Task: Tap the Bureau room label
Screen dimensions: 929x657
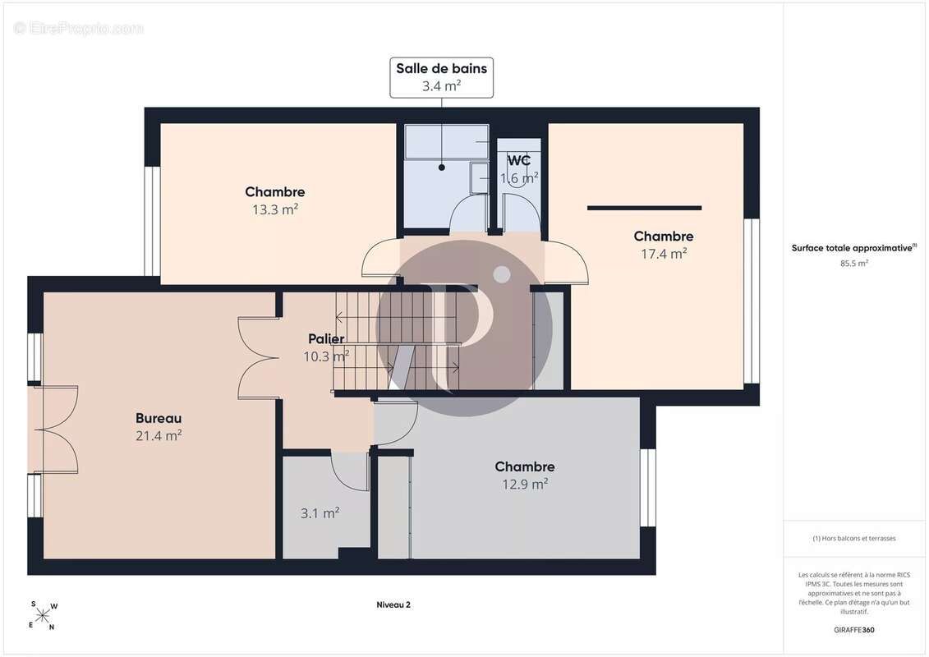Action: tap(159, 418)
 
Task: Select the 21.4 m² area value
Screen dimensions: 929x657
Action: tap(159, 436)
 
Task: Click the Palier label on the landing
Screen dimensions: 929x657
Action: tap(326, 339)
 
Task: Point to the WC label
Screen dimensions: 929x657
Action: tap(518, 160)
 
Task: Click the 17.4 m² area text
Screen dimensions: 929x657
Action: tap(664, 254)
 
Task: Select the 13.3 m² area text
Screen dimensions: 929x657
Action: tap(275, 209)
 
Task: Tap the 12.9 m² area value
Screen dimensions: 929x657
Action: tap(525, 484)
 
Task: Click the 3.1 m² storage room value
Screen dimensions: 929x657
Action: tap(320, 513)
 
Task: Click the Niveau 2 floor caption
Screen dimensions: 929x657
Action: tap(393, 605)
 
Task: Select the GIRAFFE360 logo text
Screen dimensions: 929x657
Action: tap(853, 630)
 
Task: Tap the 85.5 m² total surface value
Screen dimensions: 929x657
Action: tap(853, 264)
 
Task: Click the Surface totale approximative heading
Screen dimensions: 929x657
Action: tap(853, 248)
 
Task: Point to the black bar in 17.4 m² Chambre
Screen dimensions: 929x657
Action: tap(644, 208)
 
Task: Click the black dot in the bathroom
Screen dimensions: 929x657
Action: tap(441, 168)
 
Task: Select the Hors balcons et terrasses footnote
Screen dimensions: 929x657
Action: tap(853, 539)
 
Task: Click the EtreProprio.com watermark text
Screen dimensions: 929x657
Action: tap(78, 29)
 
